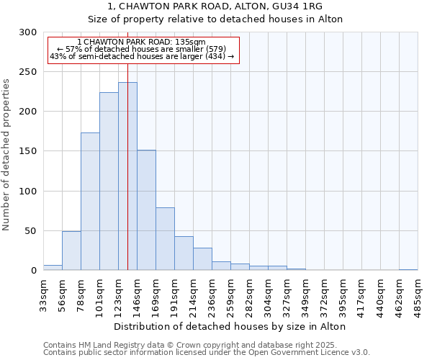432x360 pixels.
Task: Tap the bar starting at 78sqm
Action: [90, 202]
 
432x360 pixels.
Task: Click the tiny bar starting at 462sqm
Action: [408, 269]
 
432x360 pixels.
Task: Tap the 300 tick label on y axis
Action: [28, 32]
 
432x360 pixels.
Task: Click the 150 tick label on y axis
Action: [28, 152]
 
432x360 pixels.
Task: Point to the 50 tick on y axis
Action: [31, 231]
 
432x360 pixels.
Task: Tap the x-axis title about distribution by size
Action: [230, 326]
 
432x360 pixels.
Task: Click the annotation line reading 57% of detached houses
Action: [141, 49]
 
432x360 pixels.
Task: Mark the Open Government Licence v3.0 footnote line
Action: [207, 353]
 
